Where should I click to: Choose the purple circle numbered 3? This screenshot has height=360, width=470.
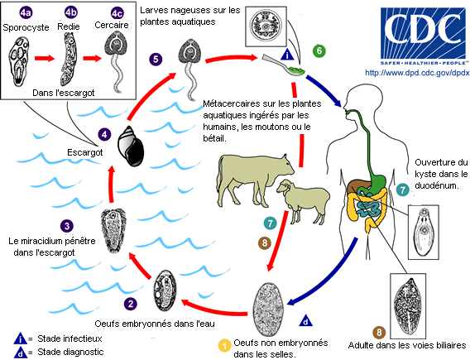pyautogui.click(x=65, y=224)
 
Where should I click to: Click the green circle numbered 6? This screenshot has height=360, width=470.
pyautogui.click(x=319, y=50)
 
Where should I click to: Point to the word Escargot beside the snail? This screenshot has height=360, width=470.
pyautogui.click(x=85, y=152)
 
